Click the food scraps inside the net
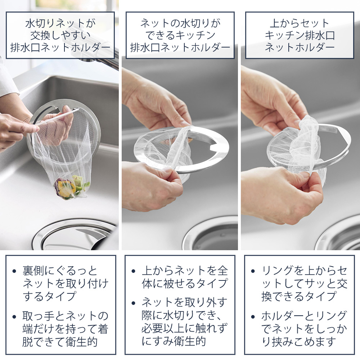71,186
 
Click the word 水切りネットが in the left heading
60,23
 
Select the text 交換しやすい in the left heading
60,35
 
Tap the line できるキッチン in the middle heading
180,35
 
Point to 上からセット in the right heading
300,23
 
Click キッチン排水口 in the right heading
300,35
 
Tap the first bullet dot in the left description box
14,271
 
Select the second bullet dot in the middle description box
134,303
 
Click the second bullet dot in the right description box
253,317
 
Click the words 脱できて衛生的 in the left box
60,342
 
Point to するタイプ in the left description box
49,296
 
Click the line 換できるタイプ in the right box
299,296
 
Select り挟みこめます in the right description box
299,342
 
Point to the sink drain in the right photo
338,237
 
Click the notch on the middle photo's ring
212,147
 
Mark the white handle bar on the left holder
57,117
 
